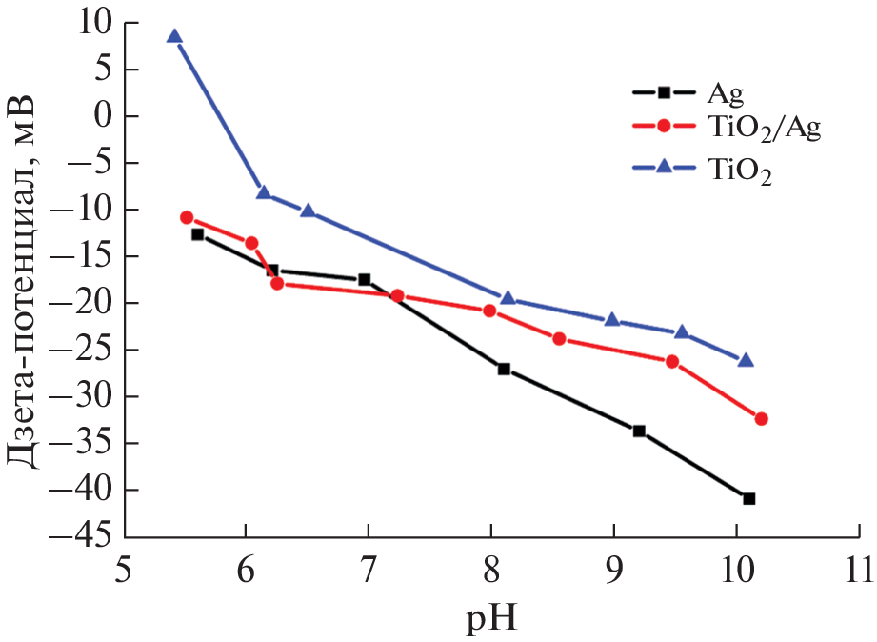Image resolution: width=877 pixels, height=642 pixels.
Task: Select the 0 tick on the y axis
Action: point(104,116)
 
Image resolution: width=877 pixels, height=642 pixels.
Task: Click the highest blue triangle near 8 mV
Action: point(174,36)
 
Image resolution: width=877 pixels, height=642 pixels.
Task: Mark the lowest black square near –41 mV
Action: point(749,498)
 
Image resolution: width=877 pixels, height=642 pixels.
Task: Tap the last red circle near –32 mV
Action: point(761,418)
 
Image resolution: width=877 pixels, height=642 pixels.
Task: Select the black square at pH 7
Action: point(365,279)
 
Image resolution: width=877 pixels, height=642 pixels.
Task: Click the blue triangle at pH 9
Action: point(612,320)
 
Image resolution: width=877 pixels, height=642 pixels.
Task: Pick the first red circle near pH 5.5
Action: point(187,217)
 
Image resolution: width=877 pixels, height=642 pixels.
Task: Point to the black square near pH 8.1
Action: point(504,369)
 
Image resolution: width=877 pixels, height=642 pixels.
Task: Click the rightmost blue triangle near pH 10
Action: point(746,360)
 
